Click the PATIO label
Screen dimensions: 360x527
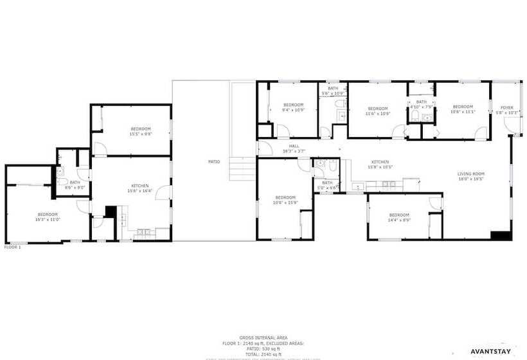(x=214, y=161)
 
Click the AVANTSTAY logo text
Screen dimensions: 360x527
(x=490, y=352)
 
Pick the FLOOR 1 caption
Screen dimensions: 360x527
(x=13, y=247)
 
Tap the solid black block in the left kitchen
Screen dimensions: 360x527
(x=110, y=212)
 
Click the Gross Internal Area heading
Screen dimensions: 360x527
(x=263, y=337)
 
